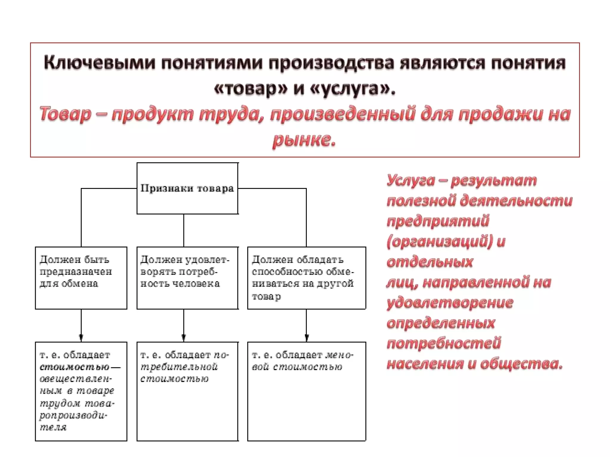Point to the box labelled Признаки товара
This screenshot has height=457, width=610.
pos(187,188)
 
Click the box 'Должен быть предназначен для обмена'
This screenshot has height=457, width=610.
pos(81,278)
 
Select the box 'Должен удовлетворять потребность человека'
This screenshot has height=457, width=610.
pos(187,278)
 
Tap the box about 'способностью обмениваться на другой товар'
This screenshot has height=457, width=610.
pos(306,278)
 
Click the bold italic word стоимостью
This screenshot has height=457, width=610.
pos(74,367)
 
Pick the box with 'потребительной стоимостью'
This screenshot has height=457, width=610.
pos(187,391)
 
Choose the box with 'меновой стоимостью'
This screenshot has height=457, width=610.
pos(306,391)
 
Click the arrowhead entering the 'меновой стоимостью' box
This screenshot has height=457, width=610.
pos(306,338)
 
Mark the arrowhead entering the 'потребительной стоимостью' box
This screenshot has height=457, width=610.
pos(183,338)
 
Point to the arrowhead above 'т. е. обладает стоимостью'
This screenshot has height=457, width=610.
pos(81,338)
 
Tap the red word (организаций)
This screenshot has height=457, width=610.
pos(440,241)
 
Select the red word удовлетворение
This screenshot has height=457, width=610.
pos(450,303)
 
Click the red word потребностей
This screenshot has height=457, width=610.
pos(444,343)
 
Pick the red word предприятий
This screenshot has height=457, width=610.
pos(438,221)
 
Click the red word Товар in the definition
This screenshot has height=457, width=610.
pos(65,114)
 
